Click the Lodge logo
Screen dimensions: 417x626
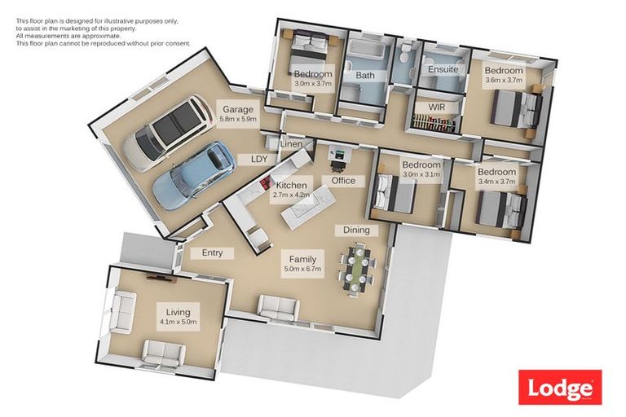coord(561,387)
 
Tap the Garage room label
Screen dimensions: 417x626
coord(237,110)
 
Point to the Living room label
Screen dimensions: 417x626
coord(178,312)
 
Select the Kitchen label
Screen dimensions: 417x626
coord(291,186)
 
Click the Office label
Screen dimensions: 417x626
coord(343,180)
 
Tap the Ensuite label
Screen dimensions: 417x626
coord(443,70)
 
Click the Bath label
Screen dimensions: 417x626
coord(365,76)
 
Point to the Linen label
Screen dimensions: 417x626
coord(291,144)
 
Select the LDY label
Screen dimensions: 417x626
coord(260,159)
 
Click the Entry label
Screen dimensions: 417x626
coord(212,252)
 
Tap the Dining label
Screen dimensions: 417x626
coord(356,230)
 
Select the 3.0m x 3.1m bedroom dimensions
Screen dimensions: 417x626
coord(421,175)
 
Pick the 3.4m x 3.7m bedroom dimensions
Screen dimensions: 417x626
coord(496,182)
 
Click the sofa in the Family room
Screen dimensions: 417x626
coord(278,307)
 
